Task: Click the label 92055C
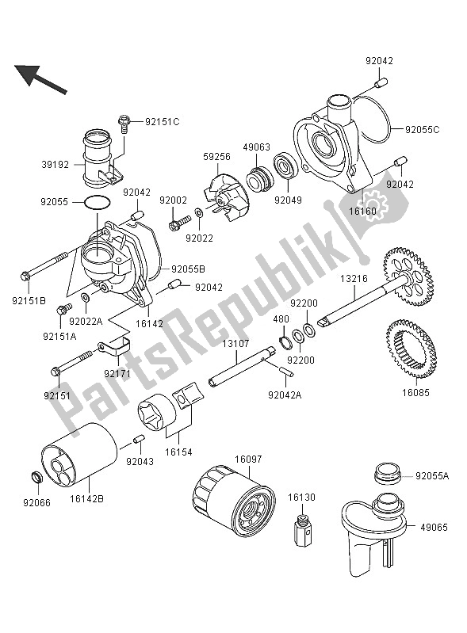[x=424, y=128]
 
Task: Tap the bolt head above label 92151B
[x=27, y=276]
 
